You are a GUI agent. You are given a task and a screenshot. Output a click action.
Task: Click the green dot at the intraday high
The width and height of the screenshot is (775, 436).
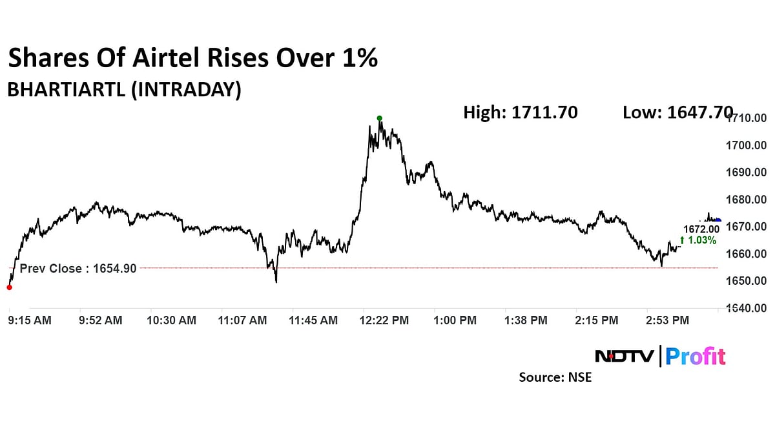pyautogui.click(x=379, y=118)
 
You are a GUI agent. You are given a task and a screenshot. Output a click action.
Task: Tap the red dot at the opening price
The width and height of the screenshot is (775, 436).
pyautogui.click(x=9, y=287)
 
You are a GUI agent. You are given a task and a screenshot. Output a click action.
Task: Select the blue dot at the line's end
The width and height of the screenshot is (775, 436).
pyautogui.click(x=718, y=221)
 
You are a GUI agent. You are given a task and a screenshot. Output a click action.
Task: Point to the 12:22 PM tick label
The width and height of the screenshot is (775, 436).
pyautogui.click(x=385, y=320)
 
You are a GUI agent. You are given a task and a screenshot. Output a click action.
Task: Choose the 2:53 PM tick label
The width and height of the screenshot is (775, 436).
pyautogui.click(x=668, y=320)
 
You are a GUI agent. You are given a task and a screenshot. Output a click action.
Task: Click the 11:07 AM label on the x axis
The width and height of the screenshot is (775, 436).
pyautogui.click(x=242, y=320)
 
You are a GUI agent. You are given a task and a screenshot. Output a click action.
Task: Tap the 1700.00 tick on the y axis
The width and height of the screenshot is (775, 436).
pyautogui.click(x=746, y=145)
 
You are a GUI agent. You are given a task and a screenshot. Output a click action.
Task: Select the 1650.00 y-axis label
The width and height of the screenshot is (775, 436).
pyautogui.click(x=746, y=281)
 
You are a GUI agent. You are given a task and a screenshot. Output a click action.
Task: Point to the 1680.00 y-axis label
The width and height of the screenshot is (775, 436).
pyautogui.click(x=746, y=200)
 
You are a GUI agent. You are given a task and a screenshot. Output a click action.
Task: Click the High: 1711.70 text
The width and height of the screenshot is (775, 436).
pyautogui.click(x=520, y=112)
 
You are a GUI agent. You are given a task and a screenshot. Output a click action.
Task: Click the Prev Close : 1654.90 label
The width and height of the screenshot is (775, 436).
pyautogui.click(x=78, y=269)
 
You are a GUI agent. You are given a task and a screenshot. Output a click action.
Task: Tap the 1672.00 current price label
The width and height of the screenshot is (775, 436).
pyautogui.click(x=701, y=229)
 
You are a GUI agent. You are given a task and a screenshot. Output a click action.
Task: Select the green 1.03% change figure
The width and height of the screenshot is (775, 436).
pyautogui.click(x=699, y=240)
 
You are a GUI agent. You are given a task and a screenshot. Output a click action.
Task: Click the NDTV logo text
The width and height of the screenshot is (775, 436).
pyautogui.click(x=624, y=356)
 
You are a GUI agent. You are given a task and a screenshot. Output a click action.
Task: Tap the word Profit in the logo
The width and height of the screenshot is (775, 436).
pyautogui.click(x=696, y=356)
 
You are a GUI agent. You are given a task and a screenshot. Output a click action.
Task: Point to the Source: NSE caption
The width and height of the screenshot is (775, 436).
pyautogui.click(x=555, y=377)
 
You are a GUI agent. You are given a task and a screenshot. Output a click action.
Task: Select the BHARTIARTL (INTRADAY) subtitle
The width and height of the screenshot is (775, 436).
pyautogui.click(x=124, y=90)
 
